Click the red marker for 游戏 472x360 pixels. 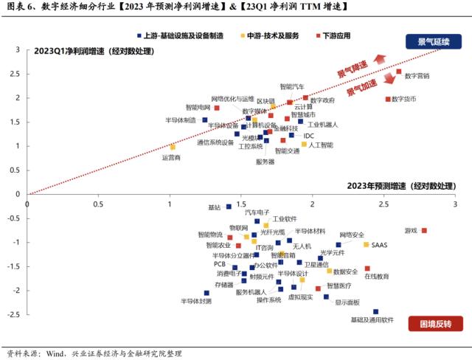coord(424,230)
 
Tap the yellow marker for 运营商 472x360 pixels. coord(173,147)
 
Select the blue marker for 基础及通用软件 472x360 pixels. coord(375,311)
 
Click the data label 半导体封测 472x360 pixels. coord(196,301)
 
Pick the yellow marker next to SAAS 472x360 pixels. coord(366,245)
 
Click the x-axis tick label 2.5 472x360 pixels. coord(383,204)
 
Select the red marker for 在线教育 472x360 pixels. coord(367,269)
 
